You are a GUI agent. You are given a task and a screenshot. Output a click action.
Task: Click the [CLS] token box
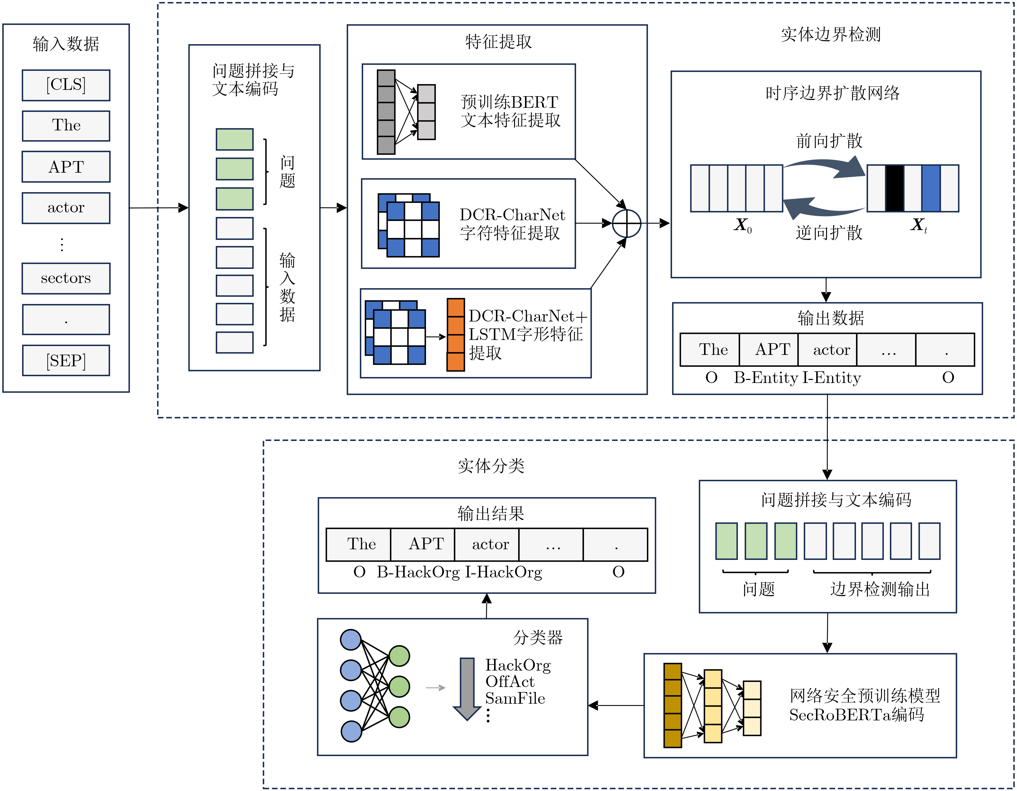pyautogui.click(x=66, y=85)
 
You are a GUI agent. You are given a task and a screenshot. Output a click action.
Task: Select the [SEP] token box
pyautogui.click(x=66, y=360)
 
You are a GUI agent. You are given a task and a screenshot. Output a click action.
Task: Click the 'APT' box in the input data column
pyautogui.click(x=66, y=167)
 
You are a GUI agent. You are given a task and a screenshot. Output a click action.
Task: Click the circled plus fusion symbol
pyautogui.click(x=626, y=224)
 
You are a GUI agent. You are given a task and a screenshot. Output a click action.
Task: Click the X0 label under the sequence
pyautogui.click(x=742, y=225)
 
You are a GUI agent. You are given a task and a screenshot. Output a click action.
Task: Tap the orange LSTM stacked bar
pyautogui.click(x=455, y=335)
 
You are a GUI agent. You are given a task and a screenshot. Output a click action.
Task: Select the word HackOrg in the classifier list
pyautogui.click(x=518, y=665)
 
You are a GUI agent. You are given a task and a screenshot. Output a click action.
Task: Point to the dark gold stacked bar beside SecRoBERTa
pyautogui.click(x=672, y=705)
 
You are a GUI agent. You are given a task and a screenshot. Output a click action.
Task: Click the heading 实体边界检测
pyautogui.click(x=831, y=34)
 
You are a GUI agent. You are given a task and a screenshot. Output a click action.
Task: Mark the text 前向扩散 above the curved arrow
pyautogui.click(x=829, y=140)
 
